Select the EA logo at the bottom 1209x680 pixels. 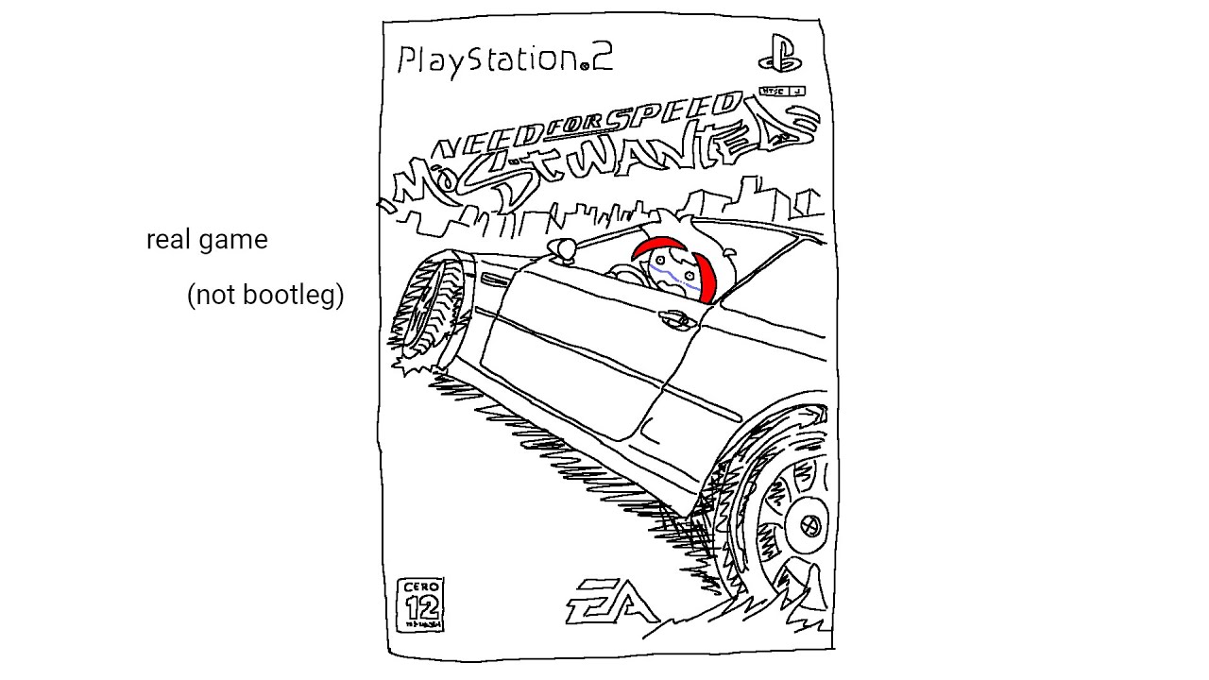611,601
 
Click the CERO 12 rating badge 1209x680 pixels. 421,605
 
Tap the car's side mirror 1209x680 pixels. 564,248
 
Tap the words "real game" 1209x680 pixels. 207,240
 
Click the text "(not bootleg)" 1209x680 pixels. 265,296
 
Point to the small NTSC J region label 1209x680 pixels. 781,92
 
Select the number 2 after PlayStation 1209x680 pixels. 602,59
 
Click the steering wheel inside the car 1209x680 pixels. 623,273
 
